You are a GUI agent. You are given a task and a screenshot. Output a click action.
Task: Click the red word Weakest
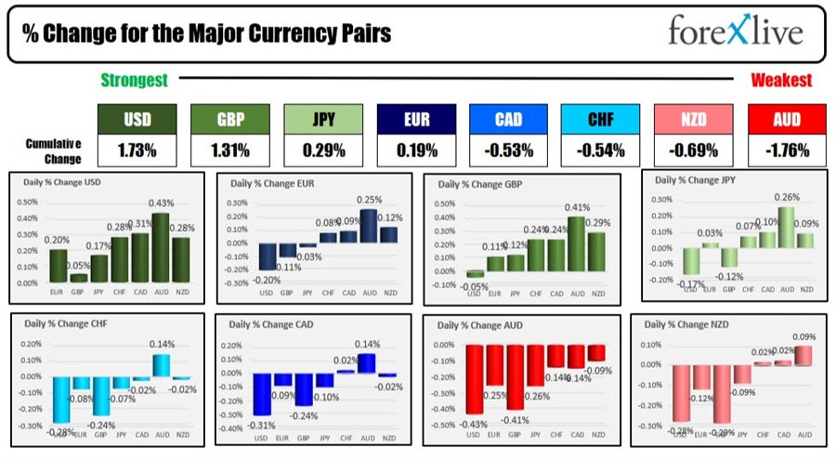click(x=781, y=81)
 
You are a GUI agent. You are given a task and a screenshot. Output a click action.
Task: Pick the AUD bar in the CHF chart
click(x=161, y=365)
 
